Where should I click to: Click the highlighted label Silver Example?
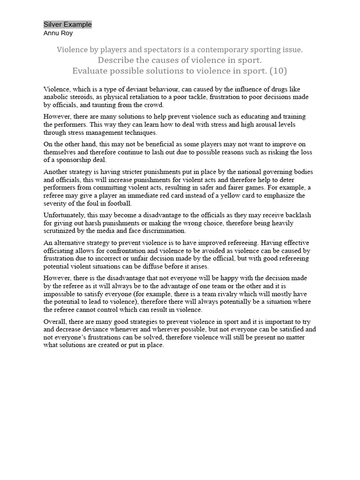67,24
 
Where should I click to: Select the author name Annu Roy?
58,33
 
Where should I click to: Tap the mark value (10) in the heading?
278,71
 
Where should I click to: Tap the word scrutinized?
60,231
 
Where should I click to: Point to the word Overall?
55,322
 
